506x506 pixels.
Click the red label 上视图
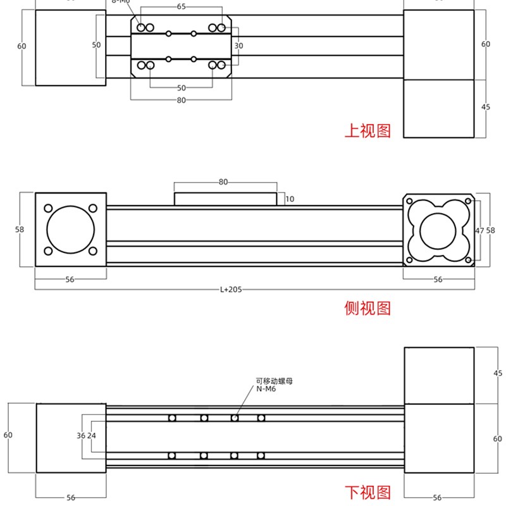(x=367, y=130)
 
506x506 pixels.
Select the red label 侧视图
(x=367, y=308)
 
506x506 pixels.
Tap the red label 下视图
(x=367, y=492)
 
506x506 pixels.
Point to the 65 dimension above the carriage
(x=182, y=6)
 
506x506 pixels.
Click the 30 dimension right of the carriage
(x=238, y=46)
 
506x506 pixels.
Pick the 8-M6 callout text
(x=121, y=2)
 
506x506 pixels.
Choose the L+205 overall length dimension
(x=231, y=289)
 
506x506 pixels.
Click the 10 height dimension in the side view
(x=290, y=199)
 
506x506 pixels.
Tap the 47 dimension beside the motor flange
(x=479, y=230)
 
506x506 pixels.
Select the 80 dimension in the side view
(x=223, y=182)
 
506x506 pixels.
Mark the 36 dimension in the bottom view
(x=80, y=435)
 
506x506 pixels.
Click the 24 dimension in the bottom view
(x=92, y=435)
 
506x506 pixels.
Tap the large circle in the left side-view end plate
(x=70, y=230)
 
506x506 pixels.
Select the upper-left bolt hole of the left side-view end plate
(x=48, y=207)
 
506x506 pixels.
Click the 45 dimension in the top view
(x=486, y=107)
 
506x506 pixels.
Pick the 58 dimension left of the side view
(x=20, y=230)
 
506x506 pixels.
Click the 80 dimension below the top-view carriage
(x=182, y=100)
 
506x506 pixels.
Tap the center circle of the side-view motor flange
(x=438, y=230)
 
